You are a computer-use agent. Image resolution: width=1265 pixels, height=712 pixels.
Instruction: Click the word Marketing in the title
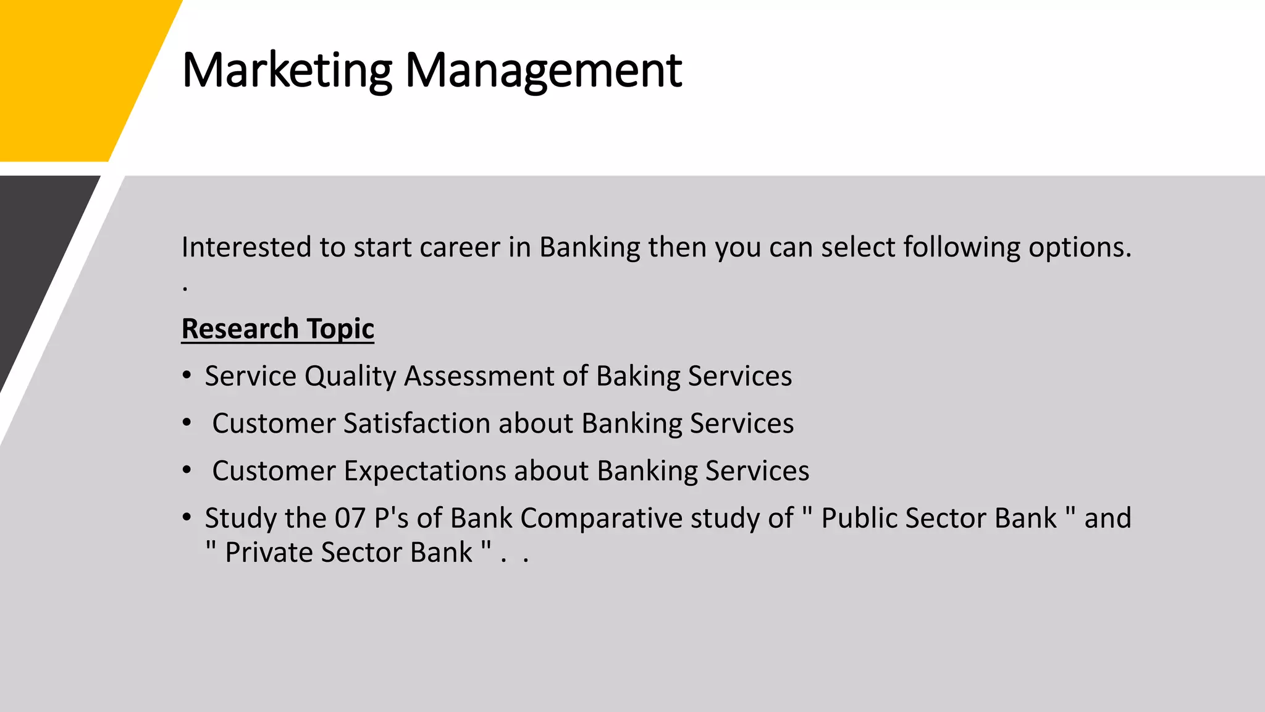point(287,70)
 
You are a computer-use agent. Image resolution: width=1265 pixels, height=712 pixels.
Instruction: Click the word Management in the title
point(543,70)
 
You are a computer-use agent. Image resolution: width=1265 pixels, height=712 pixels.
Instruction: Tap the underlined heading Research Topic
point(277,328)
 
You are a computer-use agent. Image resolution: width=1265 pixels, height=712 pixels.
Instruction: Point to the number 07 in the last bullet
point(350,518)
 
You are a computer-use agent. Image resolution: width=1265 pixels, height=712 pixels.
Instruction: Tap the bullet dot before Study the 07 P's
point(187,517)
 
